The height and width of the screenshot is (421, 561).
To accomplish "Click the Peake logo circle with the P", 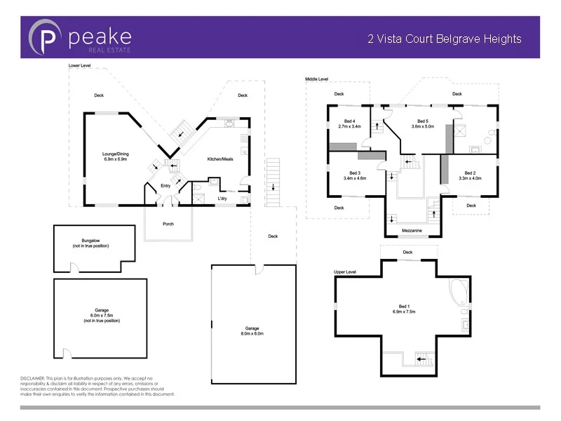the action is coord(44,37).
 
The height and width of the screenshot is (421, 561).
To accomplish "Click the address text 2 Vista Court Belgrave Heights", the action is coord(445,39).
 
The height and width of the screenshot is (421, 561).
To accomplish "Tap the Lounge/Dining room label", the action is coord(116,154).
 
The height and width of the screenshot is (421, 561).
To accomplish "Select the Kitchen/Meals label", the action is coord(220,159).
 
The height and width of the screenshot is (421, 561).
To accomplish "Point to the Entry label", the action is coord(165,186).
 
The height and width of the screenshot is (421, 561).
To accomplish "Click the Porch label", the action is coord(168,224).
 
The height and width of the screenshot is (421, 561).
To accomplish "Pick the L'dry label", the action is coord(222,199).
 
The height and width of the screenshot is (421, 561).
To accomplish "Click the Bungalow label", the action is coord(90,241).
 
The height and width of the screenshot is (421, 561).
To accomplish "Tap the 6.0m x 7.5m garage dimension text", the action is coord(102,315).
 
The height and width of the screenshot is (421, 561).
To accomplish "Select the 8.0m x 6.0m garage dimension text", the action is coord(252,333).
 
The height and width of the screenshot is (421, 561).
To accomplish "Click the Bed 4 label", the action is coord(349,121).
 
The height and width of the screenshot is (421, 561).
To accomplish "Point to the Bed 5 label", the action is coord(423,121).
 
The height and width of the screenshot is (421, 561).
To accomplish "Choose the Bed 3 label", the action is coord(355,173).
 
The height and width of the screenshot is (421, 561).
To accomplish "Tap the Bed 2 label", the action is coord(470,173).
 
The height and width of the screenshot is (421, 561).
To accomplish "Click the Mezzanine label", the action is coord(412,231).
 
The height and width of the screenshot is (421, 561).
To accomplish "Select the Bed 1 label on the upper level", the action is coord(405,307).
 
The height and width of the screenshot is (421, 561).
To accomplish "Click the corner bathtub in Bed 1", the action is coord(458,291).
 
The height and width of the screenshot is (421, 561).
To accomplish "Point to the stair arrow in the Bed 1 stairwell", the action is coord(421,359).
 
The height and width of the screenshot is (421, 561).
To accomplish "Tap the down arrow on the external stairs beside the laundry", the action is coord(273,187).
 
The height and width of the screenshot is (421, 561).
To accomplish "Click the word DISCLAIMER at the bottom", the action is coord(32,378).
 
